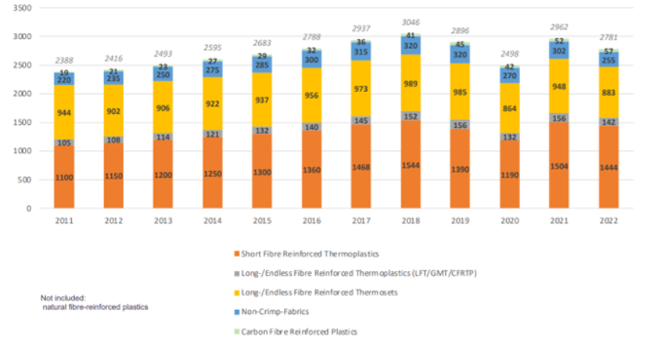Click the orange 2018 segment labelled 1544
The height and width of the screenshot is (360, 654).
(x=411, y=165)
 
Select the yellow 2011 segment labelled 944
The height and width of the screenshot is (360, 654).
(x=64, y=113)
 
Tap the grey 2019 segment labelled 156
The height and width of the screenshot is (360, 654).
(x=461, y=125)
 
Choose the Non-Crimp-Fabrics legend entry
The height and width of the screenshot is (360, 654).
(x=276, y=313)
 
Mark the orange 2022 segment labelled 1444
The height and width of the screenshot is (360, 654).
(x=610, y=166)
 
